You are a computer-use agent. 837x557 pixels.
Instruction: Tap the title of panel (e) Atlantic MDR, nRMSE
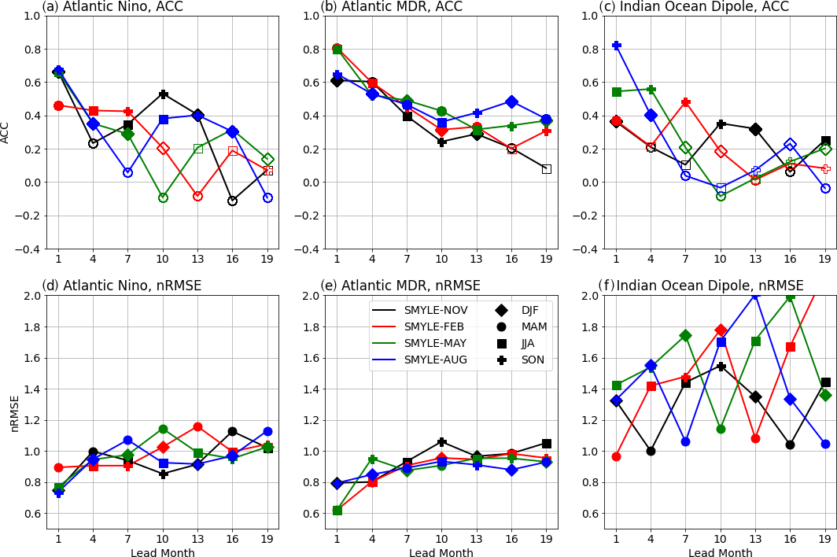[400, 286]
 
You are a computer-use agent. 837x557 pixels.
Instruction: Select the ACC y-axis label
[6, 132]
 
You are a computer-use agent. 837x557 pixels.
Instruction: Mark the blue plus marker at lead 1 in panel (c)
[617, 46]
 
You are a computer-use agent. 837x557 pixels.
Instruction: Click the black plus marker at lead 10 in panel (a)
[163, 94]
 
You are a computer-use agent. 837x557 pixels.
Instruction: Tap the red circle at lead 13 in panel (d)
[197, 426]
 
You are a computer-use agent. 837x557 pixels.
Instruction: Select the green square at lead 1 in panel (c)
[617, 92]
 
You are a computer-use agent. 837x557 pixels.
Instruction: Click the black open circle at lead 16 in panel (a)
[232, 201]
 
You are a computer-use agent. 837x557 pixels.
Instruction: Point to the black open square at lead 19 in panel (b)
[546, 169]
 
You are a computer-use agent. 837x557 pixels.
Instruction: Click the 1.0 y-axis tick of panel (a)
[31, 16]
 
